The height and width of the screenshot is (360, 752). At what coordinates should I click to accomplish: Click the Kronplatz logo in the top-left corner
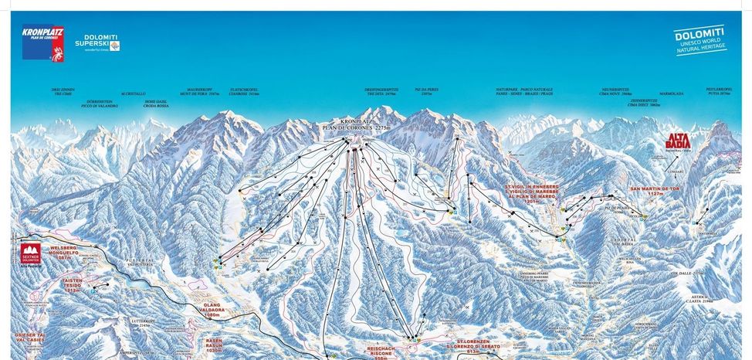point(43,45)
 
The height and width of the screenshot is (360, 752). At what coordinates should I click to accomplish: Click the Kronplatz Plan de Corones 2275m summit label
point(347,126)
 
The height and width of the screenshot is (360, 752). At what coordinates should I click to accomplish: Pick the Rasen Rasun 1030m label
point(214,345)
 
